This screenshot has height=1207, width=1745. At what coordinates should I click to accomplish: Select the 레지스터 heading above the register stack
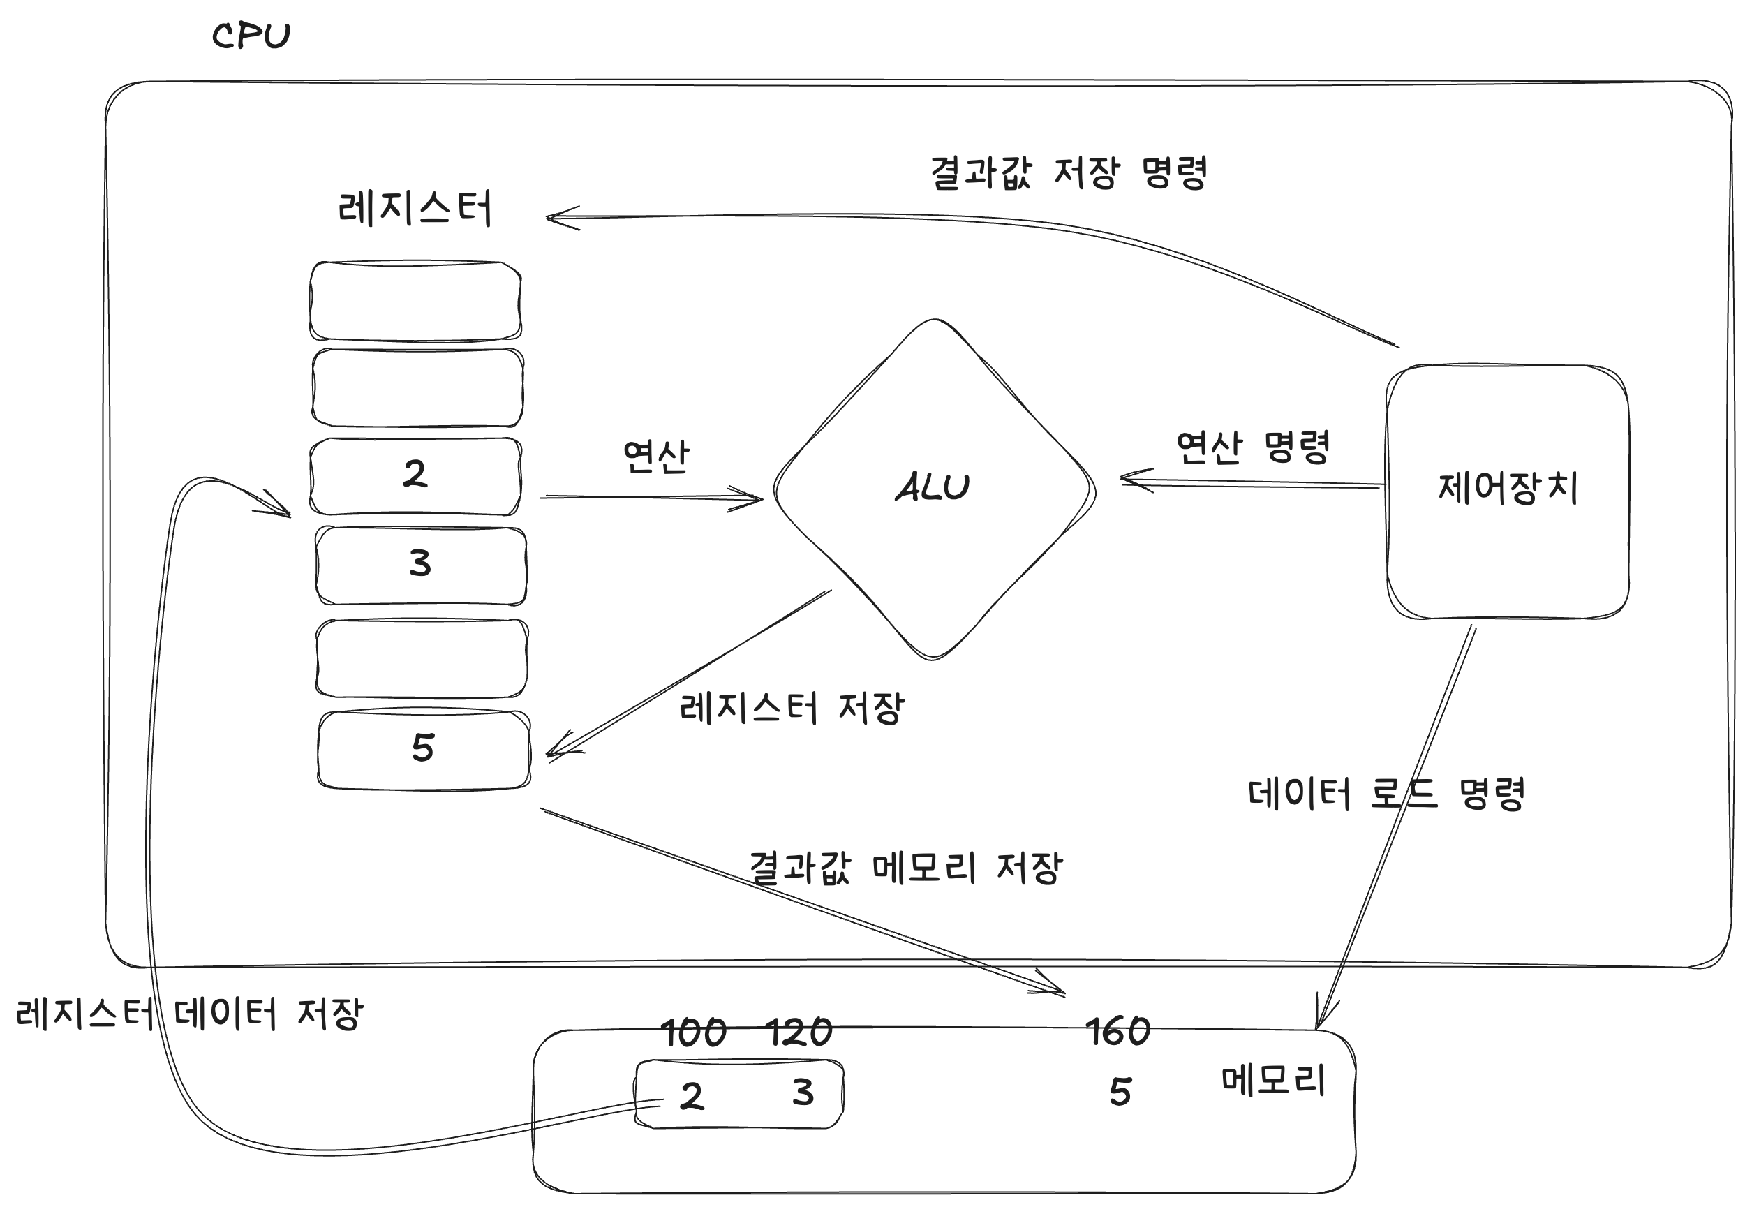tap(415, 208)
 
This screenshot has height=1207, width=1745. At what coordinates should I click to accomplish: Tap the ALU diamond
tap(934, 489)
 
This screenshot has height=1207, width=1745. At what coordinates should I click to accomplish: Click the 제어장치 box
tap(1507, 491)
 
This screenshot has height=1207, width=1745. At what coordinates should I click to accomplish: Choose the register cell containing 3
tap(420, 565)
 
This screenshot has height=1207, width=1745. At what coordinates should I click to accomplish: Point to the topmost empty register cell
tap(416, 301)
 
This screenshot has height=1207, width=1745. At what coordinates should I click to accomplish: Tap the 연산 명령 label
tap(1253, 447)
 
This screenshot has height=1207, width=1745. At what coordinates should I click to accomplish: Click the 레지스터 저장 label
tap(792, 709)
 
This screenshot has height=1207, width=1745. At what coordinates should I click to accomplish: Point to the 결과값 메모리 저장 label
tap(906, 868)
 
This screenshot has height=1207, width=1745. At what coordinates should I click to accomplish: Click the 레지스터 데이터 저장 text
tap(190, 1014)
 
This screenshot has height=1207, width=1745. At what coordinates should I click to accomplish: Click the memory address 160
tap(1117, 1032)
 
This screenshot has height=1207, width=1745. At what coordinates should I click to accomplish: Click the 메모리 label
tap(1273, 1081)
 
